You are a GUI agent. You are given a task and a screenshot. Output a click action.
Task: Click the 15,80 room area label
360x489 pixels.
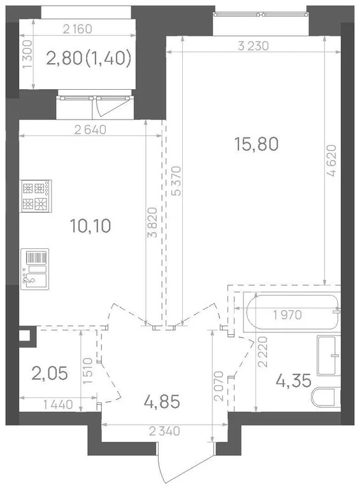coord(256,145)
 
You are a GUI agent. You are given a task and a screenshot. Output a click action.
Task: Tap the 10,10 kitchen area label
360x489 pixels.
coord(90,226)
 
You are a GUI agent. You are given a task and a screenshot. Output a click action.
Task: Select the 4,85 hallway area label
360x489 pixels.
coord(162,402)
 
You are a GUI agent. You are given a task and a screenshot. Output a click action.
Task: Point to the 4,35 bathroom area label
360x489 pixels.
coord(294,381)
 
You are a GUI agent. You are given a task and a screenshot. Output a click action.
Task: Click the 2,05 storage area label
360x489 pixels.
coord(50,373)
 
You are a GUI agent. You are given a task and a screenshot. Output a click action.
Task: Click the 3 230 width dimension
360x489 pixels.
coord(253,46)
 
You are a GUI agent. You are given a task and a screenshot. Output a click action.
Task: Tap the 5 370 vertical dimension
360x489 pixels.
coord(177,181)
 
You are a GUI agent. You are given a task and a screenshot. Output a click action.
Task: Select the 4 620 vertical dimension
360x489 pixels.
coord(331,160)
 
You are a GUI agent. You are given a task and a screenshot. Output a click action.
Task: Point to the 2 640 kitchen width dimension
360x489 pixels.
coord(90,130)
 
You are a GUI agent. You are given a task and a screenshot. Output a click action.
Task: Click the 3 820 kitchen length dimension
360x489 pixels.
coord(153,222)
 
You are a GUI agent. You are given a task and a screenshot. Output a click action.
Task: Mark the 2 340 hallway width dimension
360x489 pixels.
coord(164,431)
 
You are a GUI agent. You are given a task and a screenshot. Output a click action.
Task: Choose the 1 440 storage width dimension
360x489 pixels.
coord(58,405)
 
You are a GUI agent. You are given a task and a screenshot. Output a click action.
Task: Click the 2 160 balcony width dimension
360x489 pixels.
coord(77,29)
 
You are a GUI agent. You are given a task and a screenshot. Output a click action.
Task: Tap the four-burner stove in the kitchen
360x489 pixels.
coord(36,196)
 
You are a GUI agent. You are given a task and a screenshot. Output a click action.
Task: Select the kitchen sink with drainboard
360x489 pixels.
coord(34,269)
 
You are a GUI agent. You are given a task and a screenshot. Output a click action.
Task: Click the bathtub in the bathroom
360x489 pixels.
coord(292,312)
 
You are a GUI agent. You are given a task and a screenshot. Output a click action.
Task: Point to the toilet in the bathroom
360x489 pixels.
coord(326,397)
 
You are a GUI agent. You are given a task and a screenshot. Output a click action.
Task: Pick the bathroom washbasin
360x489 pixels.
coord(329,355)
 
